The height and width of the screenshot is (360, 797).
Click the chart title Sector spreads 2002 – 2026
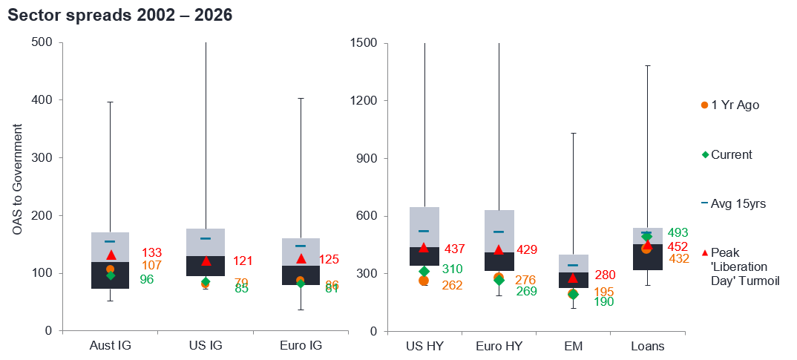tap(119, 16)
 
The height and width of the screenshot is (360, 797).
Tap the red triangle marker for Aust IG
tap(111, 255)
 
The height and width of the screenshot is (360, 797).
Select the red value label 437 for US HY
tap(454, 248)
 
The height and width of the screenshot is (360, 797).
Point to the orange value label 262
tap(451, 285)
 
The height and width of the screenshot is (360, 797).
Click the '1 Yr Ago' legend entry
tap(730, 105)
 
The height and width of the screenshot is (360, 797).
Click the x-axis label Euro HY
tap(498, 346)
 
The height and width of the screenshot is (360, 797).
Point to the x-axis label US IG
tap(206, 346)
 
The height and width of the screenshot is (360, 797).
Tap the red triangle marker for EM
tap(572, 278)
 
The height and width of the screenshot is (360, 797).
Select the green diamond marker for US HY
tap(424, 272)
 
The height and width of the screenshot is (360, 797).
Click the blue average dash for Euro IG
tap(301, 246)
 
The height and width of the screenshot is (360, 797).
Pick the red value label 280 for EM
tap(605, 275)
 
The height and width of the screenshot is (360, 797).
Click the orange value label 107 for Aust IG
tap(151, 265)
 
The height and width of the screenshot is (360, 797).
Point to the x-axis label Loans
tap(647, 346)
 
